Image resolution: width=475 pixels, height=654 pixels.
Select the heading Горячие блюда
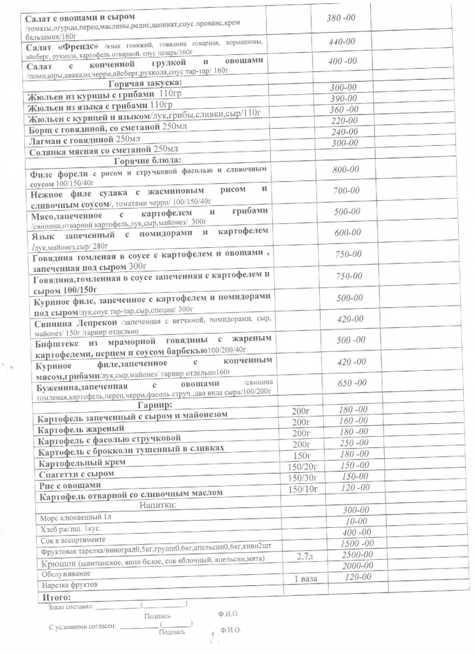(x=147, y=161)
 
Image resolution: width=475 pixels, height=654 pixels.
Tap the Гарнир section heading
(x=154, y=405)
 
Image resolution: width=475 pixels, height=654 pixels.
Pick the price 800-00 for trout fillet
(x=345, y=169)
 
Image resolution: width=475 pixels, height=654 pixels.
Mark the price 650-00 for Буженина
(x=352, y=383)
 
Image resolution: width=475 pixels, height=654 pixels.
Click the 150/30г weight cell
(x=305, y=478)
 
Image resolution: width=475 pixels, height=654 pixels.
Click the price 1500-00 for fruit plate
(x=357, y=543)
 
